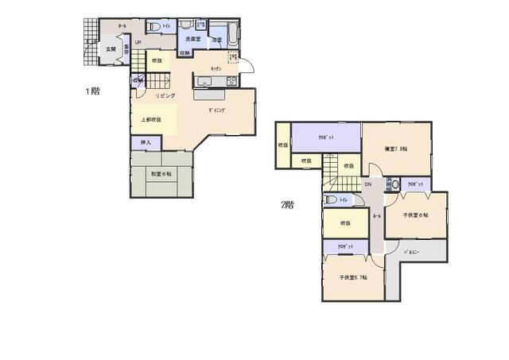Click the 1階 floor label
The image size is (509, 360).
coord(93,91)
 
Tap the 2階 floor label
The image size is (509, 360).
coord(287,204)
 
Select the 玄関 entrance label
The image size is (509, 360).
coord(111,49)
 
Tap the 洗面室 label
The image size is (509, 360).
coord(193,38)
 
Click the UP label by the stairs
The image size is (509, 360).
coord(137,43)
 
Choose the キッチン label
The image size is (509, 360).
coord(216,70)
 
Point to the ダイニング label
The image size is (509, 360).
coord(218,110)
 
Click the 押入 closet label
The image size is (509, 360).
coord(146,142)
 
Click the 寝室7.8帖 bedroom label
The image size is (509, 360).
coord(395,149)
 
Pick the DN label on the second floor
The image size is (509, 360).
coord(367,185)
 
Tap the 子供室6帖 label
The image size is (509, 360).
coord(415,215)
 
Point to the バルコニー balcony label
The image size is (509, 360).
coord(413,253)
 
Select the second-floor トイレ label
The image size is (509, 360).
coord(344,200)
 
